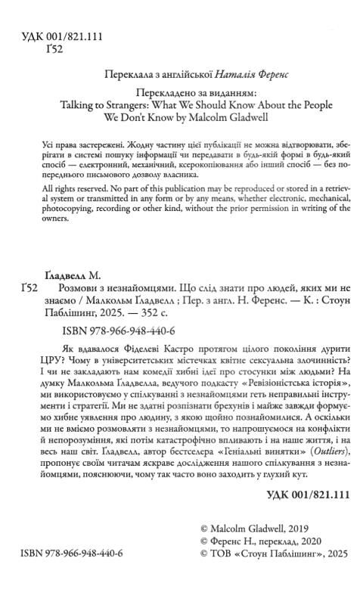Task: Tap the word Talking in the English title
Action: tap(79, 107)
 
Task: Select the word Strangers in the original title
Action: tap(136, 107)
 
